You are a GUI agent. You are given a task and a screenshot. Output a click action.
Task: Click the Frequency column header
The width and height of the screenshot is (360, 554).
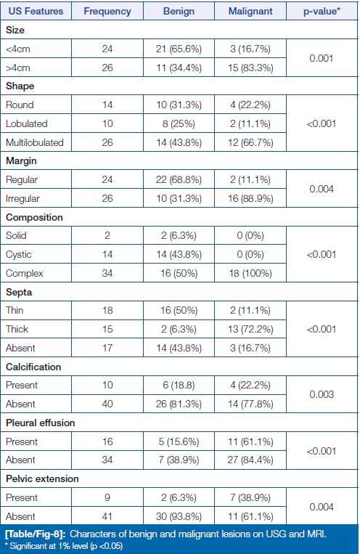[107, 12]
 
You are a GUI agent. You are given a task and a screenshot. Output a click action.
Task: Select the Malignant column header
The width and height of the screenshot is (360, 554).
[250, 12]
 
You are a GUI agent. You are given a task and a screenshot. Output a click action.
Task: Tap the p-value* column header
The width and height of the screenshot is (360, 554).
[322, 12]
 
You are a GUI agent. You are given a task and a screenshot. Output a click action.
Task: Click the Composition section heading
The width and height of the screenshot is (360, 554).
[34, 217]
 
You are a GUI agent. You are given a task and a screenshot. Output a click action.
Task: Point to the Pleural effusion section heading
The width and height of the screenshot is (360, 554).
[40, 423]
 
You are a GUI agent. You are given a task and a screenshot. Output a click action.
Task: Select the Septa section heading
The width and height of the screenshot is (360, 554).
[19, 292]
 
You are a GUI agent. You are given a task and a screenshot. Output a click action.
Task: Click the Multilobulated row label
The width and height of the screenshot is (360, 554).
[35, 142]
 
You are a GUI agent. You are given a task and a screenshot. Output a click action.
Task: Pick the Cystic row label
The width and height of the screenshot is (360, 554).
[18, 254]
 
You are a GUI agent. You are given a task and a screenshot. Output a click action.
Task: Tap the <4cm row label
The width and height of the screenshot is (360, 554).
[17, 49]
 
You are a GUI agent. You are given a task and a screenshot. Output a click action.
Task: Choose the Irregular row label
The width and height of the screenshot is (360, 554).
[22, 198]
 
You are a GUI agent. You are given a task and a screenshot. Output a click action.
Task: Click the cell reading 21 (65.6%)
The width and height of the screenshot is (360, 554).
[179, 49]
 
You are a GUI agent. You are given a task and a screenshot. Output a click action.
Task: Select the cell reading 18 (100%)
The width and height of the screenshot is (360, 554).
[250, 273]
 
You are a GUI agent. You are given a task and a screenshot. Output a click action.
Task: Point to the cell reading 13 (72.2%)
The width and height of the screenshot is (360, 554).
[250, 330]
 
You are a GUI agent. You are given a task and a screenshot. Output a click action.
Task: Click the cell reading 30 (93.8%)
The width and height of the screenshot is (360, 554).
[179, 516]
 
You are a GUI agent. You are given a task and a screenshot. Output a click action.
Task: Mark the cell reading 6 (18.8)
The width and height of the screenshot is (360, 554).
[179, 385]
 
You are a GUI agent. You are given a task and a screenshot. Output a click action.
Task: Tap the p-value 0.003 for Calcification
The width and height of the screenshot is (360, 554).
[322, 394]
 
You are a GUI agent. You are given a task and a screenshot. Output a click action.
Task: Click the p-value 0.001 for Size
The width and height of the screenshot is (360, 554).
[322, 58]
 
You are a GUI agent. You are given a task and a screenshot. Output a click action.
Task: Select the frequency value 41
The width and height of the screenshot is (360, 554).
[107, 516]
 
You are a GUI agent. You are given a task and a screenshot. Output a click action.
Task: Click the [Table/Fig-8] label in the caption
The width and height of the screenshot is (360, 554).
[36, 534]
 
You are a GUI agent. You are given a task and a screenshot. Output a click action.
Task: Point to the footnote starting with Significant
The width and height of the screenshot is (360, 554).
[66, 546]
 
